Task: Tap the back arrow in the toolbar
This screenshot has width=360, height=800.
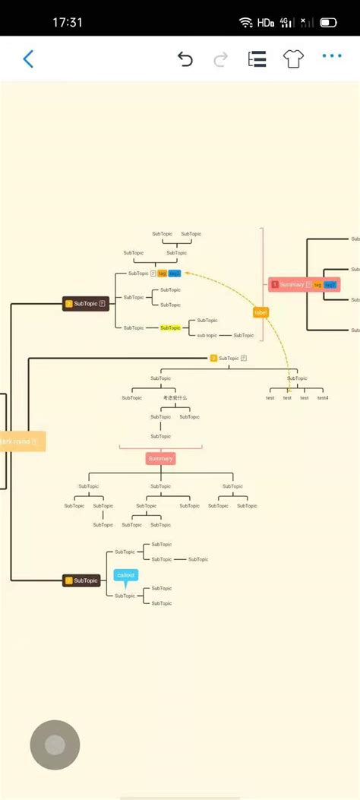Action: point(28,59)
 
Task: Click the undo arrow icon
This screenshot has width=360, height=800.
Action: point(185,59)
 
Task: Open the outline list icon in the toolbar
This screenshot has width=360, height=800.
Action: point(257,59)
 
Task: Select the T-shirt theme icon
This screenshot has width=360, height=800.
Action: point(294,59)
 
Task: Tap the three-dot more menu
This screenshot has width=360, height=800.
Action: point(332,56)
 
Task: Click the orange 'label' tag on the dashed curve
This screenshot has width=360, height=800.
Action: point(261,312)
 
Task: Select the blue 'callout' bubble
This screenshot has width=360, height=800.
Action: point(126,575)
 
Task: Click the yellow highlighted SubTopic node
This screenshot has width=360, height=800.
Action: point(171,327)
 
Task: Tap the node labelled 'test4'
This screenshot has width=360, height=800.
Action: point(323,397)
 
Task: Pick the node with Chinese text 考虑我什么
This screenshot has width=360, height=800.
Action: point(175,397)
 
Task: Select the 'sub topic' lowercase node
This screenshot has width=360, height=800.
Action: point(207,335)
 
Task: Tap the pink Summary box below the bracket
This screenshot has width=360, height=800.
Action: point(160,458)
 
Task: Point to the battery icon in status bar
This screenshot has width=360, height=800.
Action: point(328,23)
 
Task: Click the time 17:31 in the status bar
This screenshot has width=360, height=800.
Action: point(68,23)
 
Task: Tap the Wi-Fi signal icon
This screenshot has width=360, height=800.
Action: point(245,23)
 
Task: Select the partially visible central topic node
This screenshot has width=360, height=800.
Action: point(21,441)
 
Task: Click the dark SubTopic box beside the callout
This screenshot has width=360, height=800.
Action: point(81,580)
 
